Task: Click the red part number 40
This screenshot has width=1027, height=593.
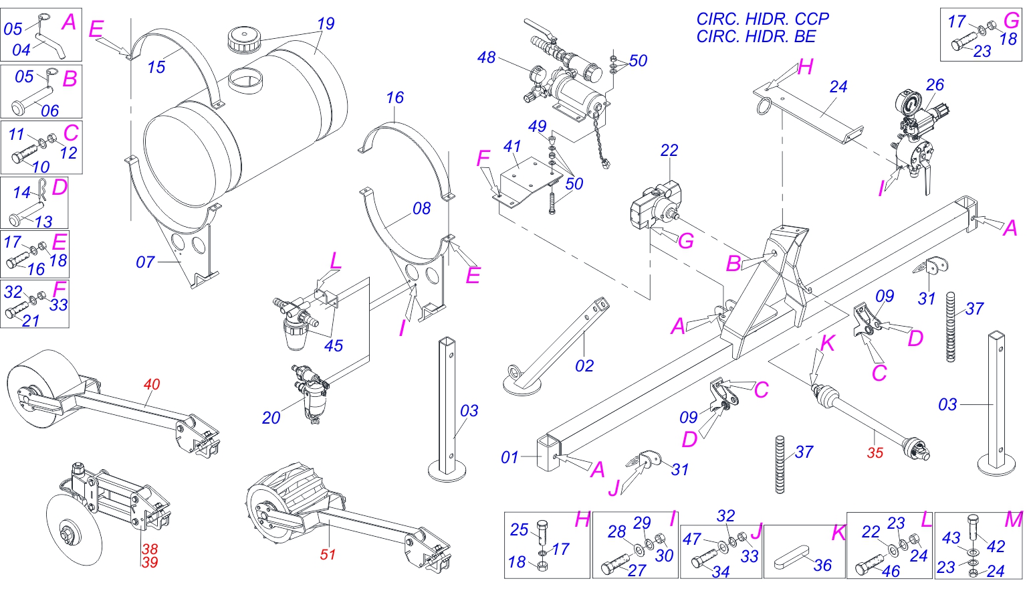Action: pos(152,384)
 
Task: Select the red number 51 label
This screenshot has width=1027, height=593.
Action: pos(328,554)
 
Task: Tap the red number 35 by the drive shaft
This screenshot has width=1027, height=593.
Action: pos(875,452)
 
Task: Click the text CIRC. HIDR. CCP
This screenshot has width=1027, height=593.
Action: pos(762,19)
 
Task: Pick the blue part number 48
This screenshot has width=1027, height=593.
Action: pos(486,58)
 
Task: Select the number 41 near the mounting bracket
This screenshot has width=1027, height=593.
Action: pos(512,146)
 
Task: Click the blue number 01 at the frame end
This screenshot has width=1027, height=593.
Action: pos(509,457)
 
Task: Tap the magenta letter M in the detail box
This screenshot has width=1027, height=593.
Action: pos(1014,519)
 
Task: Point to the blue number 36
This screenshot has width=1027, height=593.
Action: pos(822,566)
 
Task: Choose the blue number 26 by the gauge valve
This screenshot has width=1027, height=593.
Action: pos(935,84)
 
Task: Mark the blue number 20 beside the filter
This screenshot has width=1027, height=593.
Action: pos(271,418)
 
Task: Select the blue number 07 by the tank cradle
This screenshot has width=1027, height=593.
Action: pos(145,262)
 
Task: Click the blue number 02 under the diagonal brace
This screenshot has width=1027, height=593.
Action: pos(584,365)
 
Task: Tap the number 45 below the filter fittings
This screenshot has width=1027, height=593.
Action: pos(333,345)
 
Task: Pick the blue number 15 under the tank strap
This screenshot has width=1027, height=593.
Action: pos(156,67)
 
